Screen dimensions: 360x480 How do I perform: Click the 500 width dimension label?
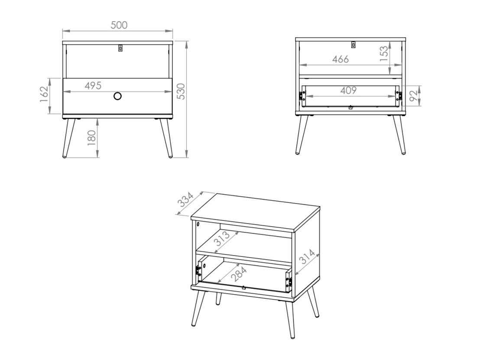(x=119, y=25)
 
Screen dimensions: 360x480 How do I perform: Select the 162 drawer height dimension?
(x=44, y=95)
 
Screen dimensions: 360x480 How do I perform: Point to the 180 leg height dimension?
(x=92, y=138)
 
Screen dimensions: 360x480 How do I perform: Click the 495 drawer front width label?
(x=93, y=86)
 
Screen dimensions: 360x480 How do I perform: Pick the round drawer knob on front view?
(x=117, y=96)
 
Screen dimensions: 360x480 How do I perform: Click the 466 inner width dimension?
(x=341, y=59)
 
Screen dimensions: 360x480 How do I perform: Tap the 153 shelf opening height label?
(x=384, y=55)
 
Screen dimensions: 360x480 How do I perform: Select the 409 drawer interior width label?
(x=348, y=90)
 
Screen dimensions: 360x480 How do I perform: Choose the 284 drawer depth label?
(x=239, y=273)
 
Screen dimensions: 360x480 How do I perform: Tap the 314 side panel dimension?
(x=307, y=259)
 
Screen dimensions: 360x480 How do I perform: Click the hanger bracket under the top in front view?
(x=120, y=48)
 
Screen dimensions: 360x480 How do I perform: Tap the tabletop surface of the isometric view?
(x=256, y=212)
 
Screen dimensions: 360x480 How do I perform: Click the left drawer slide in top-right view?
(x=301, y=96)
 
